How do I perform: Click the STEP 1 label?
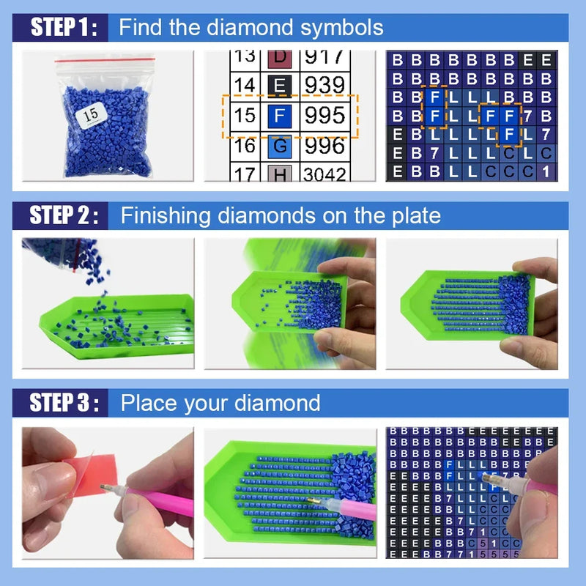(63, 28)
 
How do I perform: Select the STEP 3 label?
(63, 403)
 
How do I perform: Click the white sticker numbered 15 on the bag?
(92, 114)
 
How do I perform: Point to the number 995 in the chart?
(324, 115)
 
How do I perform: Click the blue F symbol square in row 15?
(278, 116)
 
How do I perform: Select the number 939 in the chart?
(324, 85)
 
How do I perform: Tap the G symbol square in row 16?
(278, 146)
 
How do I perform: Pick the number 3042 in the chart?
(325, 174)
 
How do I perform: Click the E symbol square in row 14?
(278, 86)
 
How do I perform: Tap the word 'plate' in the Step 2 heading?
(415, 215)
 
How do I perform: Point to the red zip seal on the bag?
(105, 56)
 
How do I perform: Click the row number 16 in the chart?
(245, 146)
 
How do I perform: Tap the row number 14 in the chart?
(245, 86)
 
